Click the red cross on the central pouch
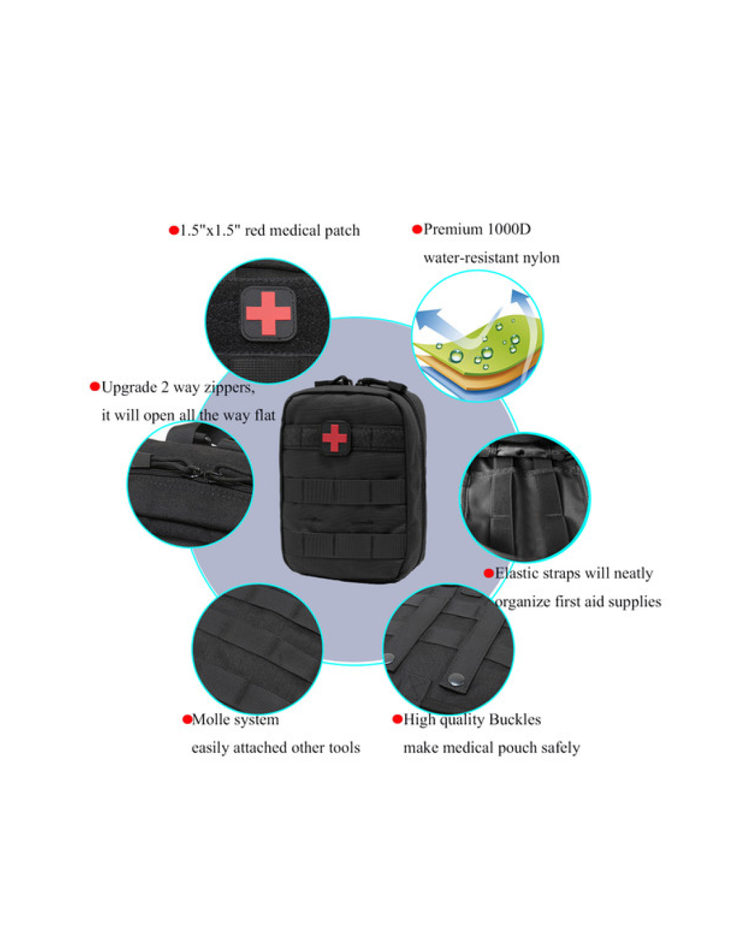[334, 438]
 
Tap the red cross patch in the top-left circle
[268, 313]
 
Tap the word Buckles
[515, 719]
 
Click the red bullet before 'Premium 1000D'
[417, 229]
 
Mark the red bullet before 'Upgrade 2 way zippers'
[95, 386]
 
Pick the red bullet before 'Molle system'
[187, 719]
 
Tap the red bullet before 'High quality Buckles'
[397, 719]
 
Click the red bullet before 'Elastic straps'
[488, 573]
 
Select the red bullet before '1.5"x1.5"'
[174, 230]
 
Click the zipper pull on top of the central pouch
[342, 381]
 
